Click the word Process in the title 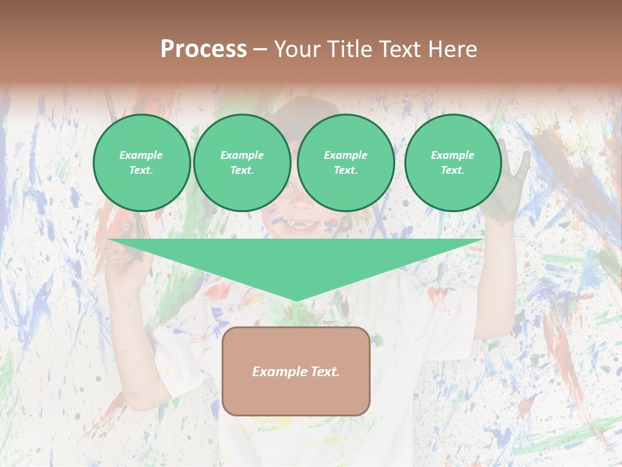click(x=203, y=49)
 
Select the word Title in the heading click(x=352, y=49)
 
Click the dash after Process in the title click(x=260, y=50)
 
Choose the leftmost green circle click(x=141, y=162)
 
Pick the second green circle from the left click(x=242, y=162)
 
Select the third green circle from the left click(x=345, y=162)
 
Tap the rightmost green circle click(x=452, y=162)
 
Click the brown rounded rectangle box click(x=295, y=389)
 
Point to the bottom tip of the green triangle click(x=296, y=300)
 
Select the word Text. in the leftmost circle click(x=141, y=170)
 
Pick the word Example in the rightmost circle click(x=452, y=155)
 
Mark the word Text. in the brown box click(x=325, y=372)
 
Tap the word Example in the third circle click(x=345, y=155)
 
